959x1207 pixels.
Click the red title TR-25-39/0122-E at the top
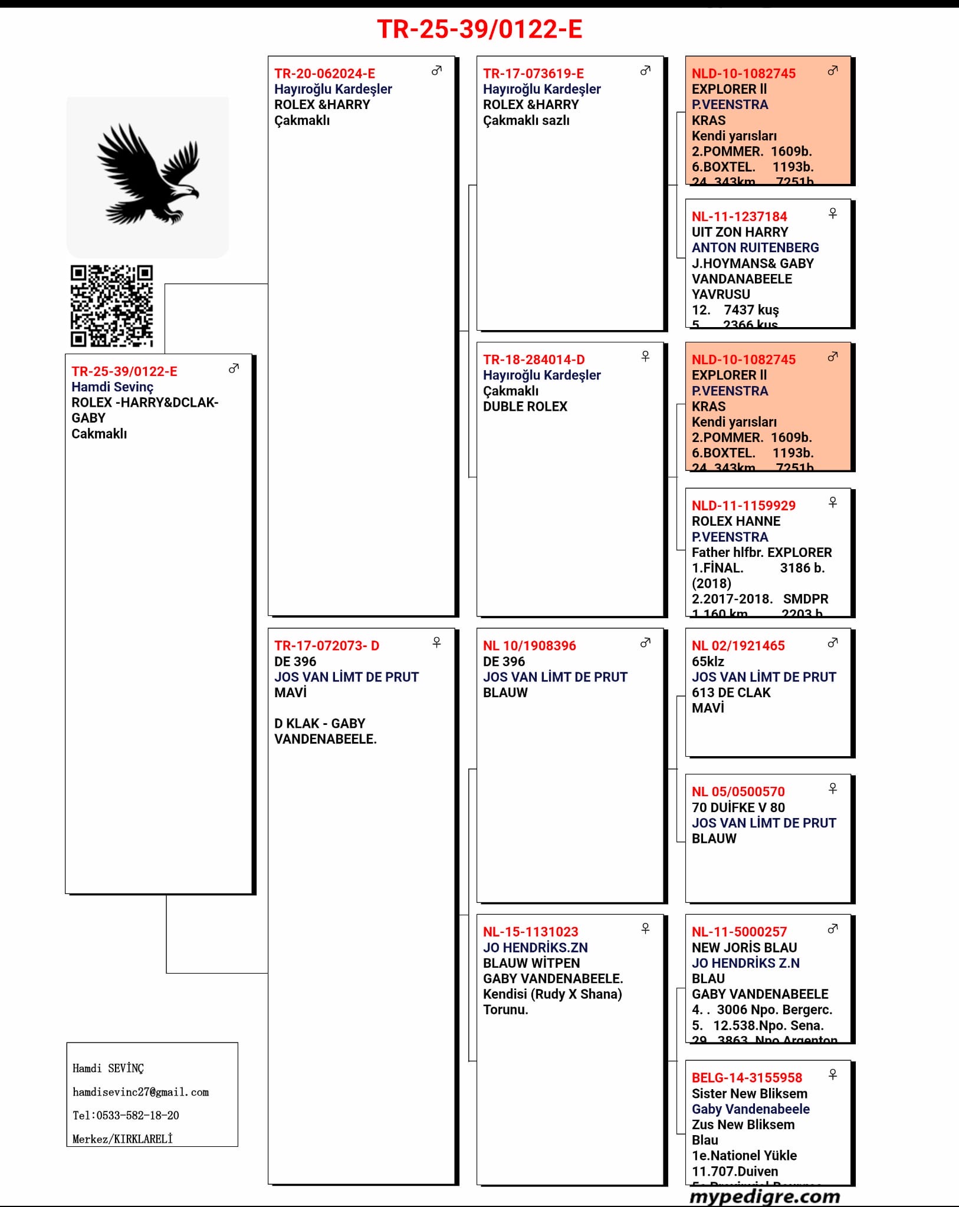(479, 29)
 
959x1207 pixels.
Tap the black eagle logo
(147, 174)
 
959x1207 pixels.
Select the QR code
(111, 305)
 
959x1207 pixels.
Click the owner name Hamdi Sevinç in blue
(112, 387)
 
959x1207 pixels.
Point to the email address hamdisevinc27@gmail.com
(140, 1092)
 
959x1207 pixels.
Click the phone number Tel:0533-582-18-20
(126, 1116)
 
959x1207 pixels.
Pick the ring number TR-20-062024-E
(324, 74)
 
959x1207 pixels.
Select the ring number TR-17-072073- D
(327, 646)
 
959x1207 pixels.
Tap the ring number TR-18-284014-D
(534, 360)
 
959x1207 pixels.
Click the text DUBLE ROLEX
(525, 407)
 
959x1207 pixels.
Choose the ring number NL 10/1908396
(529, 646)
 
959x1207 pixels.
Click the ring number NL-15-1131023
(530, 932)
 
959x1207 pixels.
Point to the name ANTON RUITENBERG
(755, 248)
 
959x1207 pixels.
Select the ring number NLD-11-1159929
(743, 506)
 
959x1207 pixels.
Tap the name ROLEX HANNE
(735, 521)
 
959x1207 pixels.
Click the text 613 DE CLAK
(731, 692)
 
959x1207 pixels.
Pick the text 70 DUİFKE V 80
(738, 807)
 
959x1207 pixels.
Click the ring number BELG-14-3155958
(747, 1078)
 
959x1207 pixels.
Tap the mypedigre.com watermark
(764, 1196)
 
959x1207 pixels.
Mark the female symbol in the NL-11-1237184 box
(833, 213)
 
